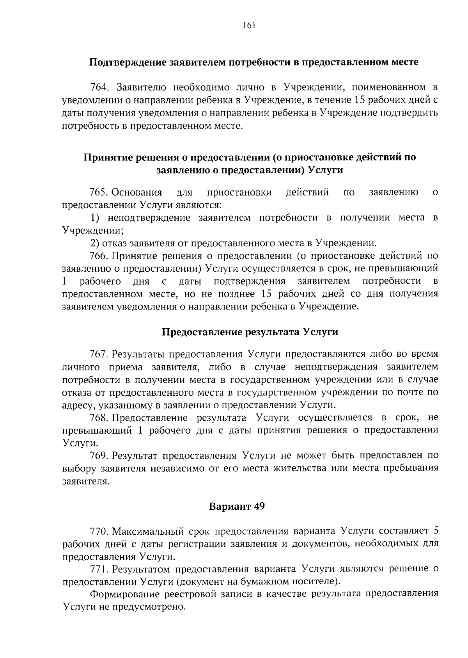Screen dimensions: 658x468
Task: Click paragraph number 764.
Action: [99, 87]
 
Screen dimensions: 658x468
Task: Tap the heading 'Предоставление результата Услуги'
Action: [250, 332]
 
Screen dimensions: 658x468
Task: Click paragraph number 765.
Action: [99, 192]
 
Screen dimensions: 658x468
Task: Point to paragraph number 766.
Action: [99, 256]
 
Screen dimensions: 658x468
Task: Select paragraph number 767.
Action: [99, 354]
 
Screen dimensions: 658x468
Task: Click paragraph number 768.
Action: [99, 418]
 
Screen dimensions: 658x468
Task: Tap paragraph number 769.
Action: [99, 455]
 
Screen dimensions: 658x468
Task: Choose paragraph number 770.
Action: [99, 531]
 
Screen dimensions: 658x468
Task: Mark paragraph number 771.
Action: [99, 569]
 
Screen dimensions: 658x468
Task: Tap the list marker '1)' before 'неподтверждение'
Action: [95, 218]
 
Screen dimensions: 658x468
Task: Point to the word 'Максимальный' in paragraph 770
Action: [146, 531]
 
